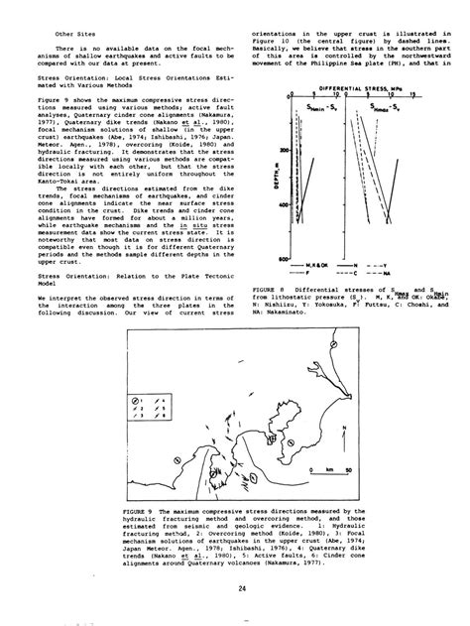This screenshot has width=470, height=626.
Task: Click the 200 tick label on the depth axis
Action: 285,150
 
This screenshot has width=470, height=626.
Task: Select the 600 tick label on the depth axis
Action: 285,260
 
